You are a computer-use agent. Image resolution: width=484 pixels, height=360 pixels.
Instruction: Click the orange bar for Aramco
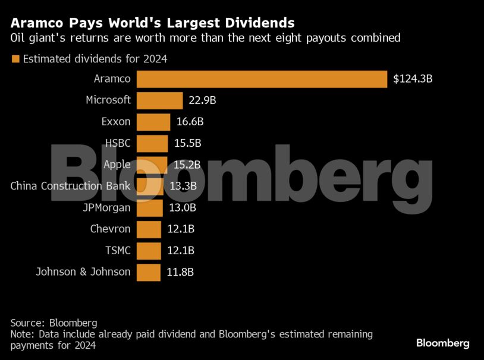coord(262,79)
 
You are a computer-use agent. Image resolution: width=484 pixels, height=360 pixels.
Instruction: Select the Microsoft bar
coord(159,100)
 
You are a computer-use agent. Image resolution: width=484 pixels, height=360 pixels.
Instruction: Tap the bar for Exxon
coord(153,122)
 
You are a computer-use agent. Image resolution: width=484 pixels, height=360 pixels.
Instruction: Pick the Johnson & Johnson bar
coord(149,272)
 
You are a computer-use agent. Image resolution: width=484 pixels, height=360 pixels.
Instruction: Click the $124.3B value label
coord(413,79)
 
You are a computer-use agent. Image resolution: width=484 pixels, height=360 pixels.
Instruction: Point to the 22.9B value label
coord(202,100)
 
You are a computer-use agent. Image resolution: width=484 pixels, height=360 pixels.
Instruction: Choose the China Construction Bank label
coord(70,186)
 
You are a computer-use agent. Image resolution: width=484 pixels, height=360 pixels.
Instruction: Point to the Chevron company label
coord(110,229)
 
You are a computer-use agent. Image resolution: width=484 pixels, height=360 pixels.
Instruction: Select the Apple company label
coord(117,165)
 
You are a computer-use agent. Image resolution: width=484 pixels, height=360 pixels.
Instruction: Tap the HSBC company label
coord(117,143)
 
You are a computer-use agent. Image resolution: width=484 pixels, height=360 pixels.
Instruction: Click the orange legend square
coord(15,59)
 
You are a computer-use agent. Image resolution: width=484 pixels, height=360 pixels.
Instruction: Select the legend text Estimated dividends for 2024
coord(95,59)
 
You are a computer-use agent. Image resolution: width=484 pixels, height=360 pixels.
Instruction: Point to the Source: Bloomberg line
coord(54,323)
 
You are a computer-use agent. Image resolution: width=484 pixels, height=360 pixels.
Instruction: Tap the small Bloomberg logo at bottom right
coord(442,343)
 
